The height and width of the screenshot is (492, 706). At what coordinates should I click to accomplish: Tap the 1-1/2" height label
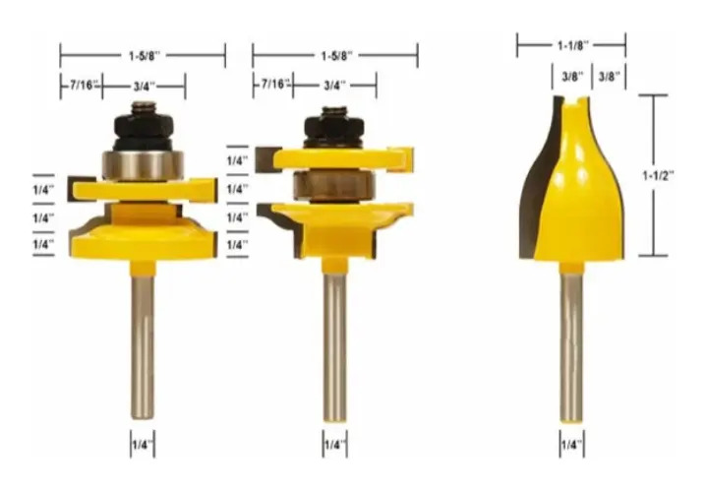[658, 175]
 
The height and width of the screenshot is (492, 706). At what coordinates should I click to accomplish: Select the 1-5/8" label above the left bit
[145, 56]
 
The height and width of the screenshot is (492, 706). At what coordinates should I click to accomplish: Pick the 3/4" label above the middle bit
[334, 85]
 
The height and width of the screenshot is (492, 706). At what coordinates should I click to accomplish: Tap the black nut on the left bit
[144, 127]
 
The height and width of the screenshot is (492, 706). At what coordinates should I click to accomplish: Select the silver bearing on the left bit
[144, 165]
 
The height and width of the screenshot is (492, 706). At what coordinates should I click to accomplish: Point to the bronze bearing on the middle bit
[334, 185]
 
